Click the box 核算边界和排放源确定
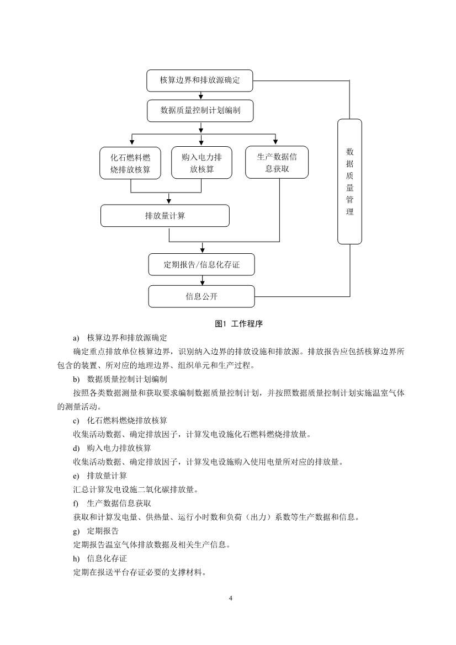point(200,81)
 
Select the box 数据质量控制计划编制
point(200,110)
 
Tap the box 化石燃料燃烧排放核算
point(130,163)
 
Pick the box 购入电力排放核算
point(201,163)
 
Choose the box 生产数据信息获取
point(277,162)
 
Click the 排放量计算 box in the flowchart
point(165,216)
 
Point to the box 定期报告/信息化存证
point(201,264)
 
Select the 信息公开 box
point(201,296)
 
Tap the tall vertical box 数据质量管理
point(349,182)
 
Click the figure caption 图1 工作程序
point(238,324)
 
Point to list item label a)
point(76,337)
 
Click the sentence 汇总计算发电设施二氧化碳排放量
point(135,489)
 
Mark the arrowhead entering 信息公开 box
point(201,282)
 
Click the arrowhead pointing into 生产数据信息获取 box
point(275,142)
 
